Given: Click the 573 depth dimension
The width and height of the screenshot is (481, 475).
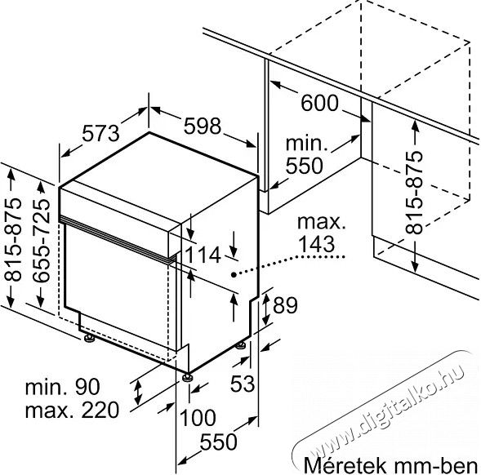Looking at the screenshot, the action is tap(101, 134).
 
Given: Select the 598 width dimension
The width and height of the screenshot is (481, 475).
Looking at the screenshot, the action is tap(203, 126).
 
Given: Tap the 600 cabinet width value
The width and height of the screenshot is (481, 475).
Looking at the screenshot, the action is tap(319, 103).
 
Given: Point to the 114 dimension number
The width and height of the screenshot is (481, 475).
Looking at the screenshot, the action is tap(203, 255).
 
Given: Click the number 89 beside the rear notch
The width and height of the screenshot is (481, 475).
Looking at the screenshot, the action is tap(285, 305).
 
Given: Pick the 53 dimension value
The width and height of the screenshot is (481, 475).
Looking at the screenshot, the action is tap(243, 383).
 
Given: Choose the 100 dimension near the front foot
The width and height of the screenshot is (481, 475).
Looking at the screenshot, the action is tap(198, 417).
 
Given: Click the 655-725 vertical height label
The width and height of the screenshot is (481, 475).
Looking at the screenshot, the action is tap(41, 241).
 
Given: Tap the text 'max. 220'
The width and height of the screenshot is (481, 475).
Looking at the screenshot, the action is tap(72, 410).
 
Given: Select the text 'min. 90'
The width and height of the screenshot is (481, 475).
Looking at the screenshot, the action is tap(62, 387).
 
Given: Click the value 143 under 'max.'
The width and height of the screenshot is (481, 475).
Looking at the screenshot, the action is tap(316, 244).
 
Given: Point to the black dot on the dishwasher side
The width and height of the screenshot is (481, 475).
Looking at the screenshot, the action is tap(234, 275).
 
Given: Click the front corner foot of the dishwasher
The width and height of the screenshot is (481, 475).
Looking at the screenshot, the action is tap(187, 377).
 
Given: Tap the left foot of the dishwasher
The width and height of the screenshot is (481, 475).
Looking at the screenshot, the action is tap(89, 338).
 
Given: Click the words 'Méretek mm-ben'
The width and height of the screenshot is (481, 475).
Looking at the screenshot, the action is tap(390, 465).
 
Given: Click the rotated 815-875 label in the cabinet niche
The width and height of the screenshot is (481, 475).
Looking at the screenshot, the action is tap(414, 193).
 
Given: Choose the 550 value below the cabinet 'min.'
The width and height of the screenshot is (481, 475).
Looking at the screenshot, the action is tap(305, 166).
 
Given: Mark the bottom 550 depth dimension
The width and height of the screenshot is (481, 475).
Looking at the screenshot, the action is tap(218, 442).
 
